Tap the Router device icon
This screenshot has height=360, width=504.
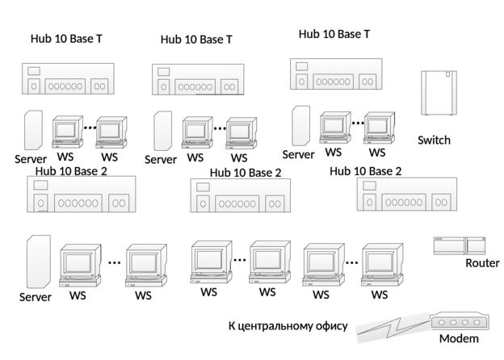[x=459, y=245]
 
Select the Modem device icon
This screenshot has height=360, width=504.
[x=460, y=320]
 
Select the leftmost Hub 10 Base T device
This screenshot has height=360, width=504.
[x=67, y=79]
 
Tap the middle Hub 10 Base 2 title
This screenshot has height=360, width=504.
[x=246, y=172]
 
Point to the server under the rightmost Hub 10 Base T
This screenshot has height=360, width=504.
[x=300, y=125]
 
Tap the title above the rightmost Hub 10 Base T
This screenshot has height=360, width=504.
[x=334, y=35]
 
